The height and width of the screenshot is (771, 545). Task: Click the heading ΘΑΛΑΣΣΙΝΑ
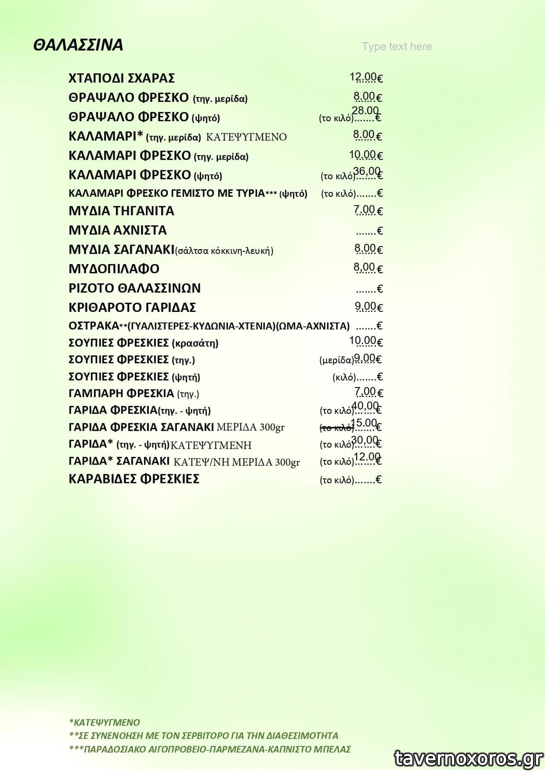(78, 45)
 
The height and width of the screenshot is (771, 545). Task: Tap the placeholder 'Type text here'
(396, 46)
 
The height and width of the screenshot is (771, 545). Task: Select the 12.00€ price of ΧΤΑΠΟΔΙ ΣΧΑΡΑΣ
(366, 78)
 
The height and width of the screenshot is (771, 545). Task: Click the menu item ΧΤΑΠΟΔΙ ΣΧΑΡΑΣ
(121, 78)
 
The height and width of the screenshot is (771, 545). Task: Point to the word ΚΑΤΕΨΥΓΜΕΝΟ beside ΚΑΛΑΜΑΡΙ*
(246, 137)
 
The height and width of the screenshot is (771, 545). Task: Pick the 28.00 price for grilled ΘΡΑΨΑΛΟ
(365, 111)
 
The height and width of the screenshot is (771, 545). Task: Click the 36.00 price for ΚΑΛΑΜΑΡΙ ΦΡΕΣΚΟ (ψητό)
(367, 171)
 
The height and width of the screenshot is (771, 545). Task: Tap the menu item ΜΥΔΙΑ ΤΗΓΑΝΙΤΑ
(121, 211)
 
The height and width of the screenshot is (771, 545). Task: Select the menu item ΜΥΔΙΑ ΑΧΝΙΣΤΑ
(118, 230)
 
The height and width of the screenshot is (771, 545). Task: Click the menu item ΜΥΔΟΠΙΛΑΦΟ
(114, 269)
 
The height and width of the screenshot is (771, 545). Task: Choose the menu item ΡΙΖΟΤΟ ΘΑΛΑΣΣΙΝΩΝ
(135, 288)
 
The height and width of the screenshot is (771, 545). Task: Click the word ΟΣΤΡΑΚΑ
(94, 326)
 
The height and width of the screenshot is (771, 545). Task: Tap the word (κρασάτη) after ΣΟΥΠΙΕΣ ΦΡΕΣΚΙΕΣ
(195, 343)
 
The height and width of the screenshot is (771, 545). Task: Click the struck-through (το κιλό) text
(336, 428)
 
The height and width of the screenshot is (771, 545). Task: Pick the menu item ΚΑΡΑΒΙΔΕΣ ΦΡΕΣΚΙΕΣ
(134, 479)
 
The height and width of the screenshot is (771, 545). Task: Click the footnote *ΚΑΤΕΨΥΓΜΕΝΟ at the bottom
(105, 722)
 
